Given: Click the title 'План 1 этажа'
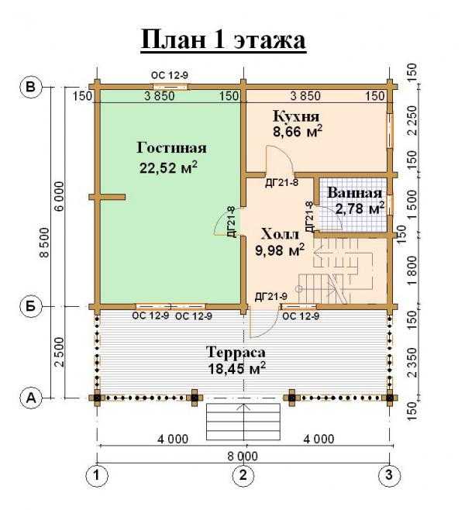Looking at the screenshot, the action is tap(223, 40).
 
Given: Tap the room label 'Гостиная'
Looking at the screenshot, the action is tap(171, 148).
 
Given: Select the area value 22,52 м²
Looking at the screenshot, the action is tap(168, 167).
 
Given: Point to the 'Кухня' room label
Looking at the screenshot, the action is tap(296, 115).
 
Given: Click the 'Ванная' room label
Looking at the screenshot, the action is tap(354, 193).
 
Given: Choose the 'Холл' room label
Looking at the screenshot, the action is tap(280, 234).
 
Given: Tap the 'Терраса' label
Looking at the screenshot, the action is tap(236, 353).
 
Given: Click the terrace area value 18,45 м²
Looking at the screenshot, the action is tap(236, 369).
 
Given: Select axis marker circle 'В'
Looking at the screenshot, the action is tap(31, 87).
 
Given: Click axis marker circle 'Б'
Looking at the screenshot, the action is tap(31, 306).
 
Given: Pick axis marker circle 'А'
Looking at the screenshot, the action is tap(31, 398).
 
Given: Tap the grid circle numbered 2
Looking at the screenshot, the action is tap(243, 476).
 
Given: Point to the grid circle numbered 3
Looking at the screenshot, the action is tap(389, 476).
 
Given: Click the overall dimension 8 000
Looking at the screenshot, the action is tap(243, 457).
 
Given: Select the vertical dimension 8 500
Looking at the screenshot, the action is tap(44, 243).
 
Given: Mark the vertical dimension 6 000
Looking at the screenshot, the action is tap(60, 196).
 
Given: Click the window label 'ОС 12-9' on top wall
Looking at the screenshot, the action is tap(170, 75).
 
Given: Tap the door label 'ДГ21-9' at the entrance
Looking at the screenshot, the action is tap(271, 297).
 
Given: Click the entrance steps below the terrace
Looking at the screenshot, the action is tap(243, 422).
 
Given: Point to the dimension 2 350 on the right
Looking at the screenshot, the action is tap(412, 363).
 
